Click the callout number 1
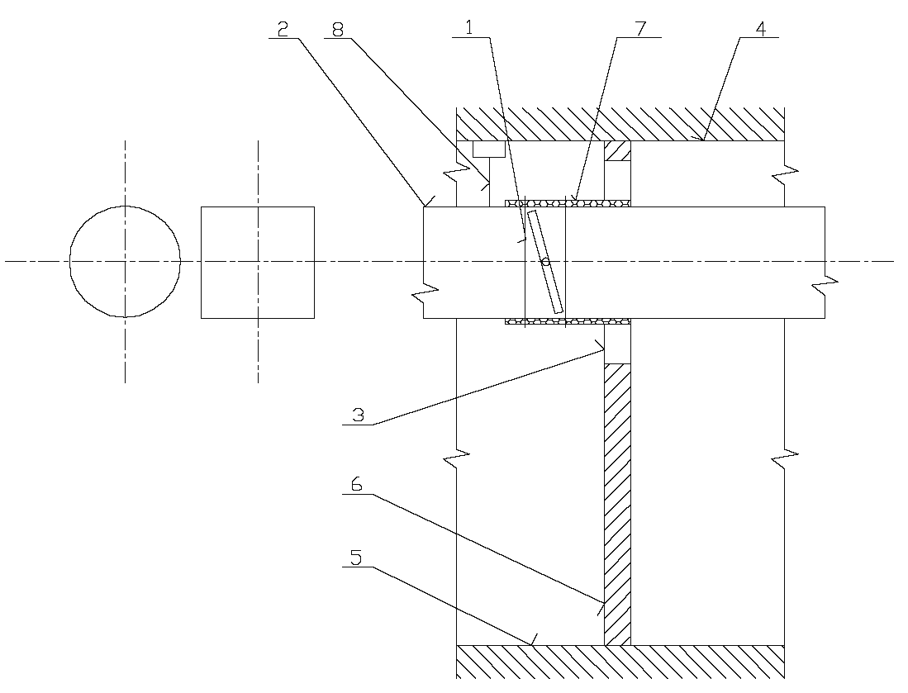(469, 27)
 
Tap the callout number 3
(358, 415)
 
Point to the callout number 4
(759, 27)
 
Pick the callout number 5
(356, 558)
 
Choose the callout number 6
(356, 485)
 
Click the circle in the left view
(125, 261)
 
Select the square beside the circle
(258, 262)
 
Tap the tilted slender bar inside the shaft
(546, 261)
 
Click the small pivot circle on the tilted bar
(545, 261)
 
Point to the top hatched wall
(620, 124)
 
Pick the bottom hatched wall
(620, 661)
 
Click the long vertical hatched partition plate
(617, 504)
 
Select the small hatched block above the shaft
(617, 151)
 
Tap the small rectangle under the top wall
(488, 149)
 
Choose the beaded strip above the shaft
(567, 202)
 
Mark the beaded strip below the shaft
(567, 321)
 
